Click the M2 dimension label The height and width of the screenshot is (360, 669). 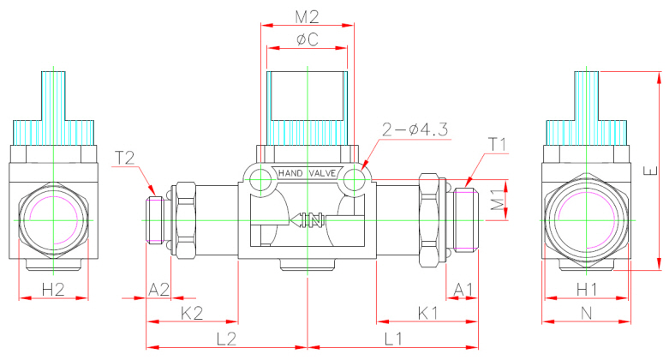click(x=307, y=16)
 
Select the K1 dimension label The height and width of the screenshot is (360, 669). click(x=427, y=313)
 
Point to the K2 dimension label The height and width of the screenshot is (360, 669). click(x=193, y=313)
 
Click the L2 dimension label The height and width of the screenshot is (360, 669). click(x=226, y=339)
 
